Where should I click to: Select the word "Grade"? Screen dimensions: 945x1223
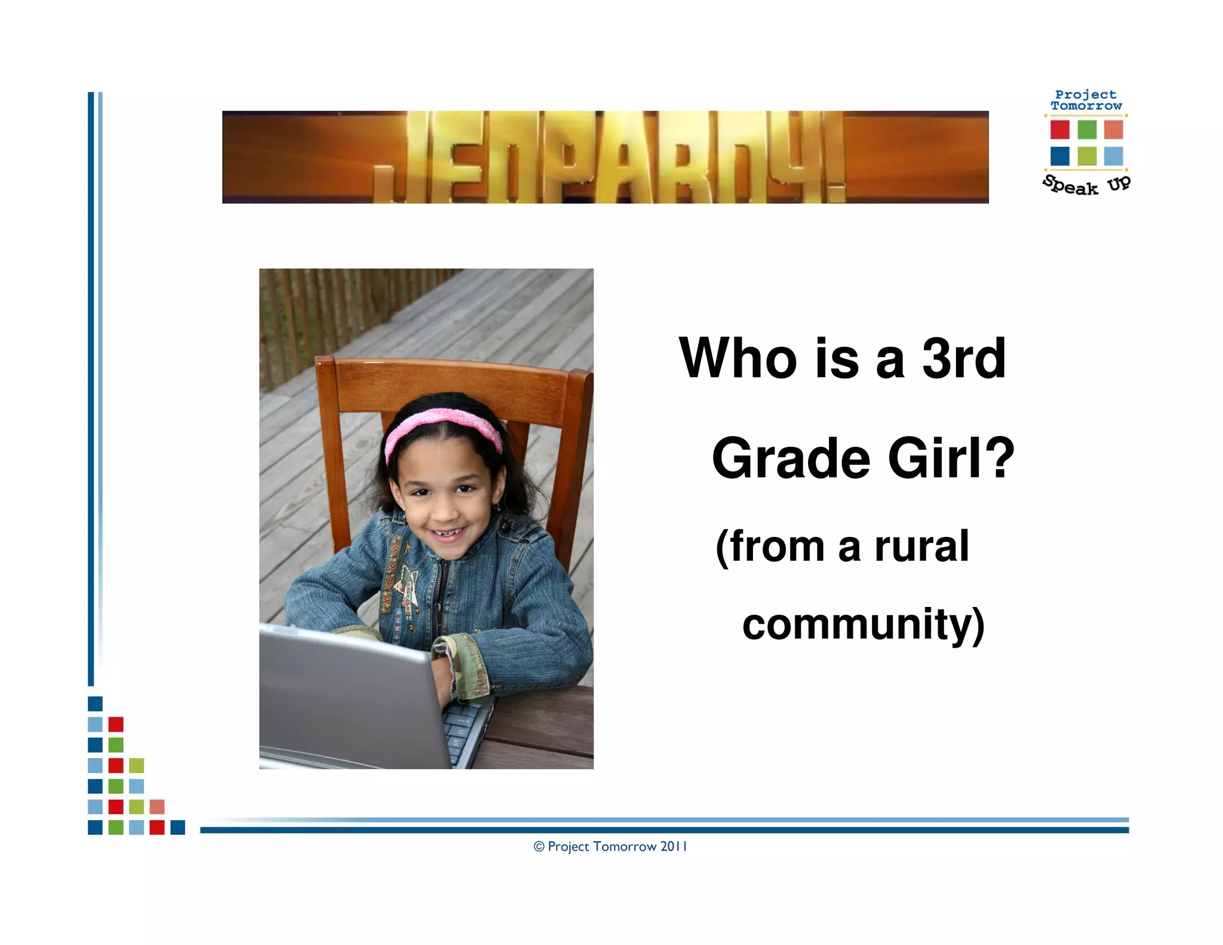[x=791, y=458]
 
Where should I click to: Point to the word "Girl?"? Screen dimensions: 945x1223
[x=952, y=458]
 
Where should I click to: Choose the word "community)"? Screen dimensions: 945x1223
[x=863, y=624]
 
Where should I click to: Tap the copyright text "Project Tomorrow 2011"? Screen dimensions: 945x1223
[x=610, y=846]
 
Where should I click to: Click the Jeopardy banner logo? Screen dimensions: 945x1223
[x=605, y=157]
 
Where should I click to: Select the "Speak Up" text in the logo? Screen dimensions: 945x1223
[x=1086, y=185]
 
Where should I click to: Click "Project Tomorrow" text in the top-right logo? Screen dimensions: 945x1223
[x=1086, y=100]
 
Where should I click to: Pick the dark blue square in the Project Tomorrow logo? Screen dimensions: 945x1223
[x=1059, y=156]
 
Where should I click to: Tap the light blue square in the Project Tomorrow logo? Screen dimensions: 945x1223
[x=1113, y=156]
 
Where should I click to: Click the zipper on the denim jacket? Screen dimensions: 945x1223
[x=441, y=597]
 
